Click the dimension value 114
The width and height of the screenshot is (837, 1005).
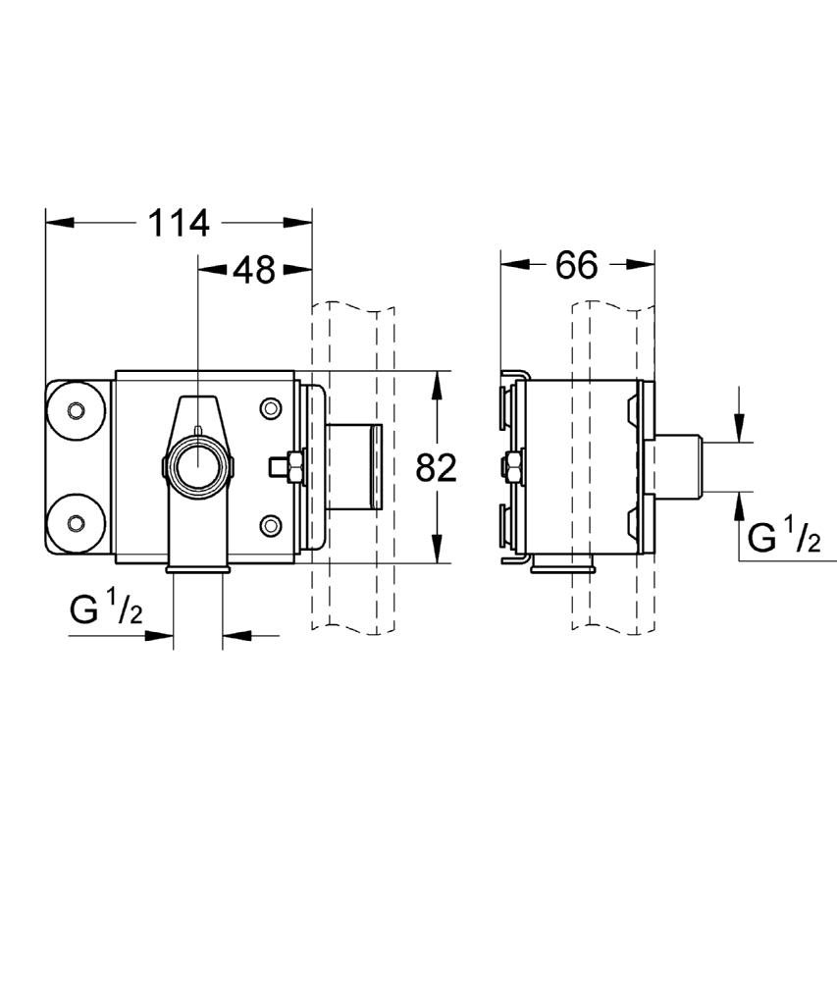tap(179, 223)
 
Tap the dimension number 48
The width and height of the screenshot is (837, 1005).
tap(253, 269)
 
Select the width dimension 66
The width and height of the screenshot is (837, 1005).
tap(576, 264)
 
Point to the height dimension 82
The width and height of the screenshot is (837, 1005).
tap(436, 468)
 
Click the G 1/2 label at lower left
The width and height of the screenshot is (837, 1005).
tap(106, 609)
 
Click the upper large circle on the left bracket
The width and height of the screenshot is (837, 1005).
tap(75, 410)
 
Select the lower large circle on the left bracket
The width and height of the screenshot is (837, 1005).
tap(75, 520)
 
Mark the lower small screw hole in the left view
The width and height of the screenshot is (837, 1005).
tap(270, 526)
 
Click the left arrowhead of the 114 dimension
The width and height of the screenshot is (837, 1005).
tap(59, 223)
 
